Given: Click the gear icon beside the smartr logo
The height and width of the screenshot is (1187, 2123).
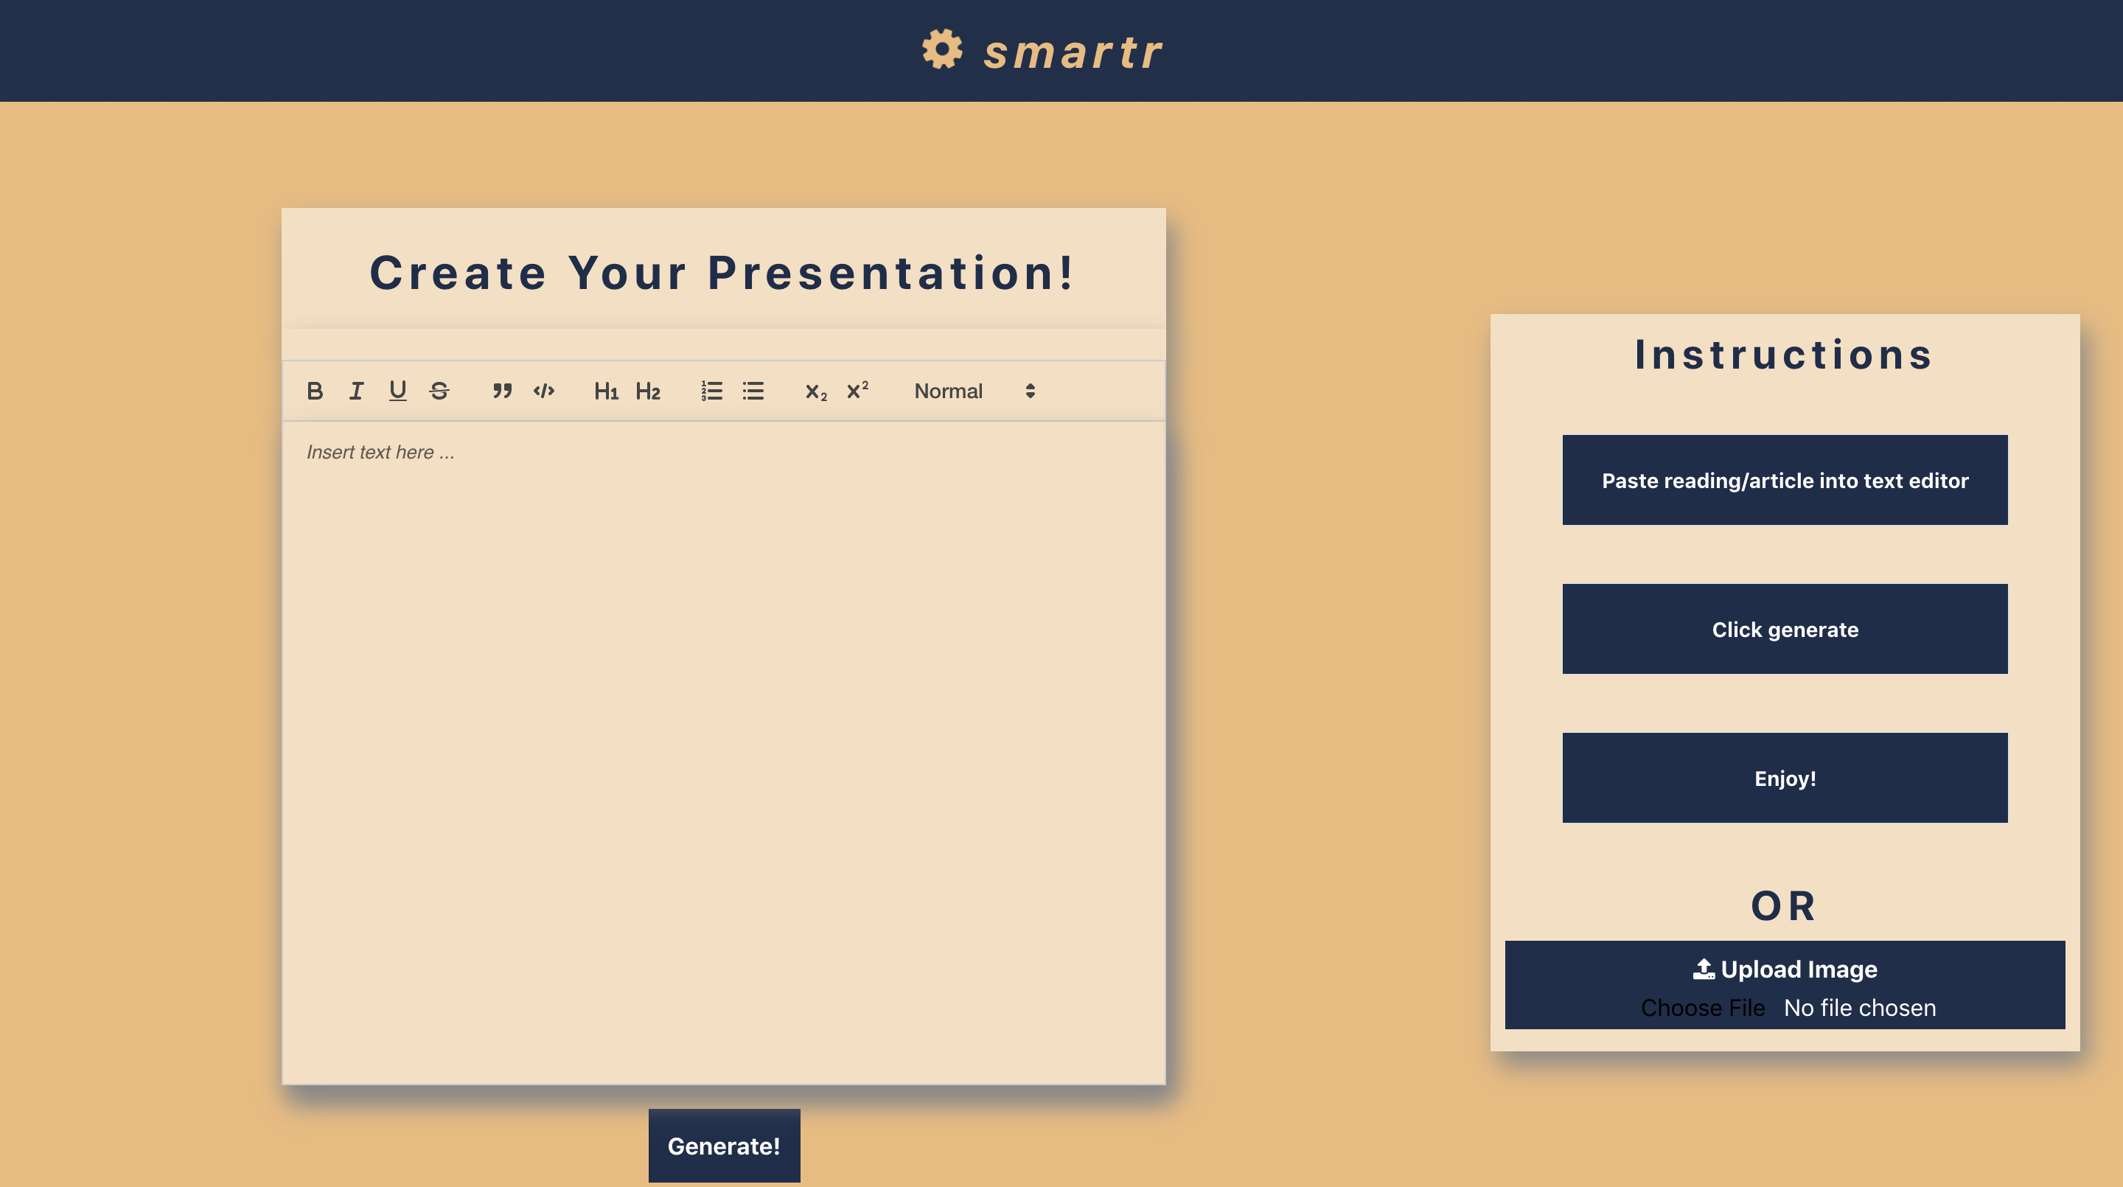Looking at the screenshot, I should click(x=941, y=49).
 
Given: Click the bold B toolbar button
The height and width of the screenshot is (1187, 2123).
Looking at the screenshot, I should click(x=315, y=391).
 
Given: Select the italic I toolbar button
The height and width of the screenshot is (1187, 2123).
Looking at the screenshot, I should click(x=356, y=391).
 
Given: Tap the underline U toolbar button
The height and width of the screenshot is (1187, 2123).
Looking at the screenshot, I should click(x=398, y=391).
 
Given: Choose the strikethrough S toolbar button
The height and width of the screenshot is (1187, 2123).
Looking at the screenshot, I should click(x=439, y=391).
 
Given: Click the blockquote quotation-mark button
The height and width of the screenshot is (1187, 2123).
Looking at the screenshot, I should click(x=502, y=391).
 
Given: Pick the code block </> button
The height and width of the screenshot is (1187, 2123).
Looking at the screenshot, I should click(x=544, y=391).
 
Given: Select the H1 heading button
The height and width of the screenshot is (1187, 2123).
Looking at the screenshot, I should click(x=606, y=391).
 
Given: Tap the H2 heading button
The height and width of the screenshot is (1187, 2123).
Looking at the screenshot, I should click(x=648, y=391).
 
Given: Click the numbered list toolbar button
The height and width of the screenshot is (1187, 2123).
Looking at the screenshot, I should click(x=711, y=391).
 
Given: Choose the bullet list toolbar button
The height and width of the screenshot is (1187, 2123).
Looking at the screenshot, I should click(x=753, y=391).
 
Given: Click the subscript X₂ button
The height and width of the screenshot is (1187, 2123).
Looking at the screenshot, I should click(x=816, y=391).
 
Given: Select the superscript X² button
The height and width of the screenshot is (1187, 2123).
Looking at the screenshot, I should click(x=857, y=391).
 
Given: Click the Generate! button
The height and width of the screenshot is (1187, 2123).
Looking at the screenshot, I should click(x=724, y=1146).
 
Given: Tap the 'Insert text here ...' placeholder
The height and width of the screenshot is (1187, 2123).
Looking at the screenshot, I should click(x=380, y=452).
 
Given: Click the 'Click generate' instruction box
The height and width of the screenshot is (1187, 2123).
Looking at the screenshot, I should click(x=1784, y=629).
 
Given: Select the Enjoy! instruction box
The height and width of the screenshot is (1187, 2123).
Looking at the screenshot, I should click(x=1784, y=778).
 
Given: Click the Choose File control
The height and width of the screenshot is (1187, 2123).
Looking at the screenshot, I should click(x=1703, y=1007).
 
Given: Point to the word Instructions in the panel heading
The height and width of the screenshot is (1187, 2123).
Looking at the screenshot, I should click(x=1784, y=355).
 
